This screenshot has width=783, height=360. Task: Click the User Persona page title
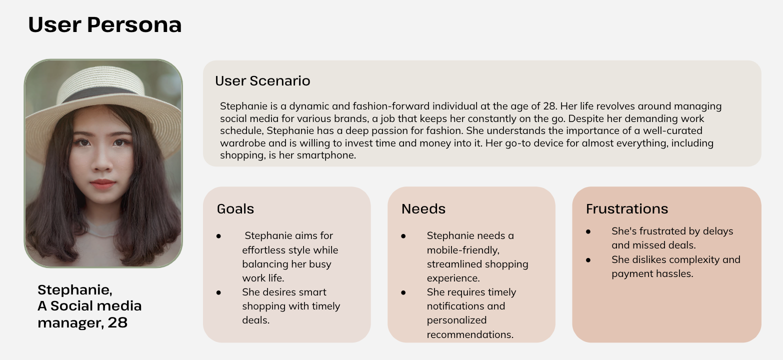click(x=104, y=25)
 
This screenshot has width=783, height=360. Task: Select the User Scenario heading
click(x=262, y=81)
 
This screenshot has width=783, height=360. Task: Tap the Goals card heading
click(x=235, y=209)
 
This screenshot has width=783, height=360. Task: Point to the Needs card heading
click(x=423, y=209)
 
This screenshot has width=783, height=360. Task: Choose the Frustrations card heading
click(x=626, y=209)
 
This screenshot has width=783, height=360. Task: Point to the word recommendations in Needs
click(x=470, y=334)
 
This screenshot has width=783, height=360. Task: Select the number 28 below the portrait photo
click(x=117, y=323)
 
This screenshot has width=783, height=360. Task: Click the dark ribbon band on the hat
click(x=102, y=95)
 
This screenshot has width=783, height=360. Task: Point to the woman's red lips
click(x=102, y=184)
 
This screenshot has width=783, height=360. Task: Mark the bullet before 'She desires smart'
click(x=219, y=292)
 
